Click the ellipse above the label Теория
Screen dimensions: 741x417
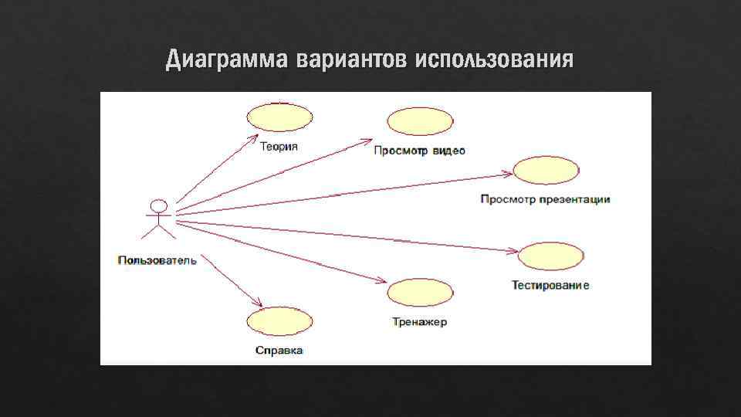[279, 117]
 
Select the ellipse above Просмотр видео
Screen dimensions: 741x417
[420, 122]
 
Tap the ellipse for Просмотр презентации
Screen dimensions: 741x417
[546, 171]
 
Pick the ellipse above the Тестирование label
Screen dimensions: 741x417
[552, 256]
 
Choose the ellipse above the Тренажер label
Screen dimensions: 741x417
[420, 293]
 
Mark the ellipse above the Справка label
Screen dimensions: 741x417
[279, 322]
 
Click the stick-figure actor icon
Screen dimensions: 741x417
[158, 219]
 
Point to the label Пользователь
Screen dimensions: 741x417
[157, 260]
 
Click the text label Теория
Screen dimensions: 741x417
[279, 147]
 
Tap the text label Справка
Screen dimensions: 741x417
[279, 351]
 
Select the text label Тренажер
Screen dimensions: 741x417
[419, 322]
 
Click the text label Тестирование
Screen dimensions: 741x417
[550, 286]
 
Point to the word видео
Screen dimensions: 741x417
[448, 151]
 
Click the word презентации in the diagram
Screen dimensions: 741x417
[575, 199]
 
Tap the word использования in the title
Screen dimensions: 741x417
[494, 59]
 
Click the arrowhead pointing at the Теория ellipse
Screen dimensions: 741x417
[254, 137]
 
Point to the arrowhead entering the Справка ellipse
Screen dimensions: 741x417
[260, 305]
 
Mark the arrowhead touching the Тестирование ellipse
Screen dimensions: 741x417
[516, 250]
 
